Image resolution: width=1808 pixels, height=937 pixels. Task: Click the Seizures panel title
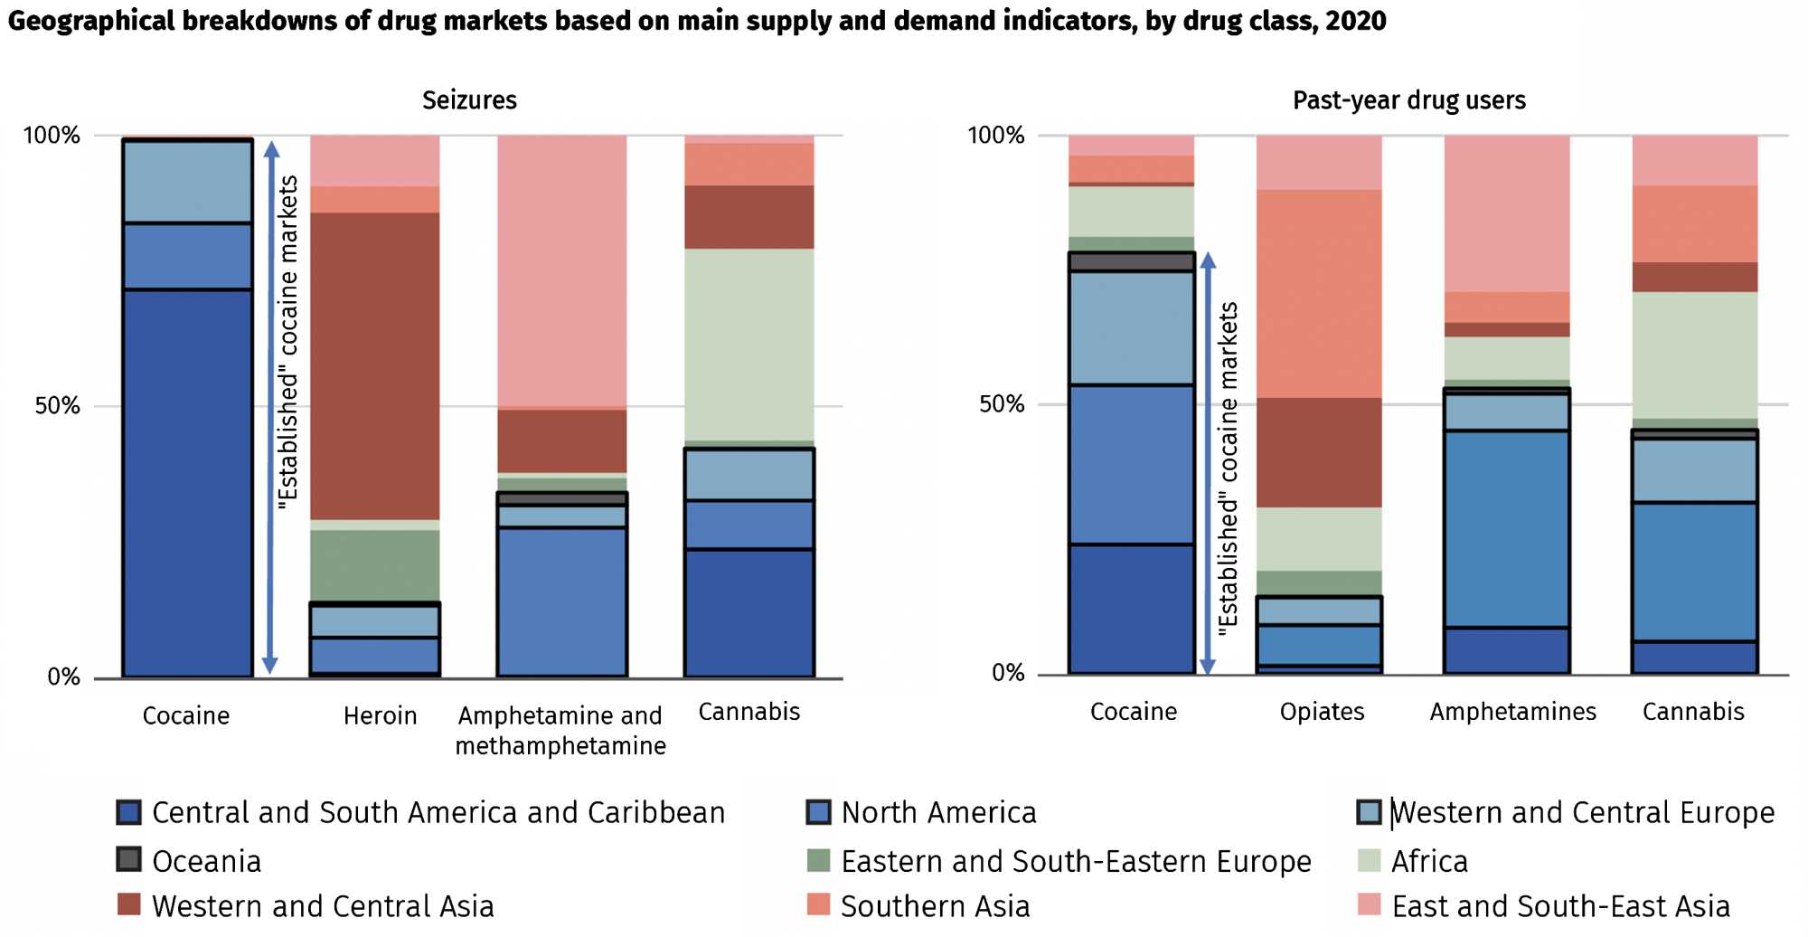pos(469,99)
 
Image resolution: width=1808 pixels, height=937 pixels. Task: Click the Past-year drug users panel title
pos(1408,99)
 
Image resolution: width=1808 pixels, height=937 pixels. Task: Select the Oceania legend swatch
pos(129,859)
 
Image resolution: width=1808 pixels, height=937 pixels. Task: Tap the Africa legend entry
pos(1429,861)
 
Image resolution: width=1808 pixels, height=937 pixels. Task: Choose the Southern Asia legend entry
pos(935,906)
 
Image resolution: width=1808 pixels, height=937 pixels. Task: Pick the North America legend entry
pos(938,812)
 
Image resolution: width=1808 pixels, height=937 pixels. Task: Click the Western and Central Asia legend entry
pos(323,906)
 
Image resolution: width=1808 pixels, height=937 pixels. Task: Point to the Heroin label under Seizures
pos(380,715)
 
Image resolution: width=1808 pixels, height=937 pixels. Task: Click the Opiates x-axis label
pos(1322,711)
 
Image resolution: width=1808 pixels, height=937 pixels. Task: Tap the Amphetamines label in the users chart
pos(1512,711)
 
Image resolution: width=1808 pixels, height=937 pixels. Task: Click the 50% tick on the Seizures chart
pos(58,405)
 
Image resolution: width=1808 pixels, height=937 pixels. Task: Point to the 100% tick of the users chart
pos(995,136)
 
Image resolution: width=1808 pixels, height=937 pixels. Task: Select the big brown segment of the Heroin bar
pos(375,366)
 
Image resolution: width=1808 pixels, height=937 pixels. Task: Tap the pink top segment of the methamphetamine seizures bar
pos(561,271)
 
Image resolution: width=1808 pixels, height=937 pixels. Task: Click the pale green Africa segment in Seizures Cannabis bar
pos(749,344)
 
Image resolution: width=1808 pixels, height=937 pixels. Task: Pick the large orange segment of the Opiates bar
pos(1319,293)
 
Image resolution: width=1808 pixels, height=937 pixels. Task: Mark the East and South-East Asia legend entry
pos(1560,906)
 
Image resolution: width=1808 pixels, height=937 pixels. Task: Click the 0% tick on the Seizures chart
pos(63,677)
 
